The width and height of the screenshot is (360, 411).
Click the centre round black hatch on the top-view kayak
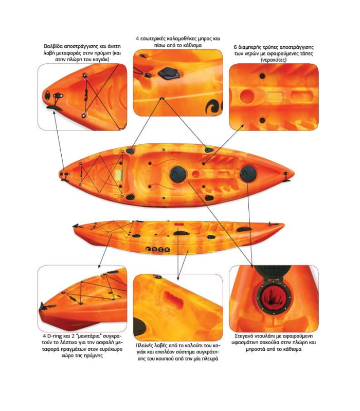[x=178, y=174]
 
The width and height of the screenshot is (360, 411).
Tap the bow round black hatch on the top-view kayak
[x=248, y=174]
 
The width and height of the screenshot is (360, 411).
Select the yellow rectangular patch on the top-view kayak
[x=119, y=175]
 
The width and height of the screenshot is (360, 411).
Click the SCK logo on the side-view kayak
[x=158, y=249]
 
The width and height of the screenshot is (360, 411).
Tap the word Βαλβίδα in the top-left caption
[x=53, y=46]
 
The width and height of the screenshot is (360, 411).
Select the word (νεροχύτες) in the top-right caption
[x=274, y=60]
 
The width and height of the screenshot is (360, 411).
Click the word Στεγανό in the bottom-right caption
[x=245, y=336]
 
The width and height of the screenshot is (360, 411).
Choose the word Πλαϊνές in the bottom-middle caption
[x=145, y=345]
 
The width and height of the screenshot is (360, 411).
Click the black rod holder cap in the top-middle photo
[x=168, y=73]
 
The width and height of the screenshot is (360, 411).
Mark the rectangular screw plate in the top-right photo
[x=275, y=97]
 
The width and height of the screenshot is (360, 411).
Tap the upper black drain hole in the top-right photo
[x=262, y=76]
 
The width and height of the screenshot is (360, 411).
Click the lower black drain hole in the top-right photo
[x=262, y=120]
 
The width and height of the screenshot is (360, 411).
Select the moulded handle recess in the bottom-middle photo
[x=173, y=299]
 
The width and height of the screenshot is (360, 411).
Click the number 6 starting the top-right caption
[x=236, y=47]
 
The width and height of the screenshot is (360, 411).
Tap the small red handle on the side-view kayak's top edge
[x=179, y=225]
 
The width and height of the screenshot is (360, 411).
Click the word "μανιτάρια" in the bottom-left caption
[x=85, y=336]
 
